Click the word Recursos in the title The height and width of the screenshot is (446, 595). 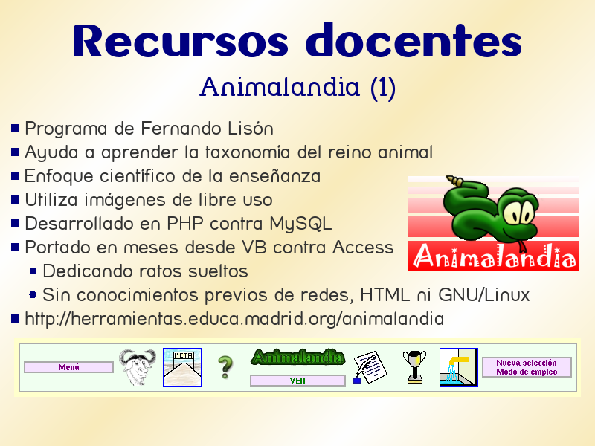pyautogui.click(x=181, y=42)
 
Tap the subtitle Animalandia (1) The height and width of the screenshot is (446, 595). pyautogui.click(x=297, y=88)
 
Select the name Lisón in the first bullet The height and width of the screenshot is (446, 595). pyautogui.click(x=250, y=129)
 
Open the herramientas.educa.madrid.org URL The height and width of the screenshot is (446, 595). pyautogui.click(x=234, y=319)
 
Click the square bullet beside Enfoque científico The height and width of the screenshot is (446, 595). pyautogui.click(x=16, y=177)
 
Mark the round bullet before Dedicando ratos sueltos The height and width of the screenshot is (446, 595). pyautogui.click(x=33, y=271)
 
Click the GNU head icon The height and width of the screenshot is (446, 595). pyautogui.click(x=138, y=366)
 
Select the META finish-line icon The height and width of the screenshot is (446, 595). pyautogui.click(x=182, y=366)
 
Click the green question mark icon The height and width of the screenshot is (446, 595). pyautogui.click(x=225, y=367)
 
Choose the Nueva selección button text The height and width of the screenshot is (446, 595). pyautogui.click(x=527, y=363)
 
